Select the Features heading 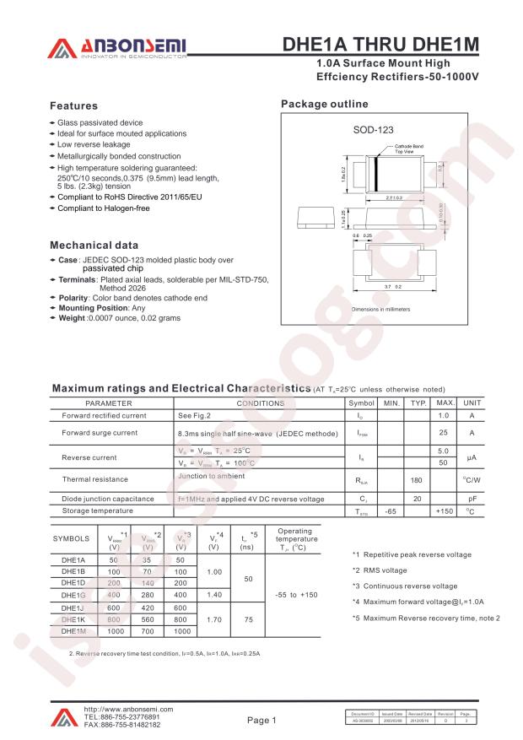point(74,106)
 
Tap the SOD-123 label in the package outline point(368,131)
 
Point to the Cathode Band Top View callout point(409,149)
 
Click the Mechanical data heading point(94,245)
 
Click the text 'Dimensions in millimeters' point(380,310)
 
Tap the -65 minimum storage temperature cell point(390,511)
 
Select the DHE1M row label point(74,631)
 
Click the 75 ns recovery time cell point(248,619)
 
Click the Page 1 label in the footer point(261,720)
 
